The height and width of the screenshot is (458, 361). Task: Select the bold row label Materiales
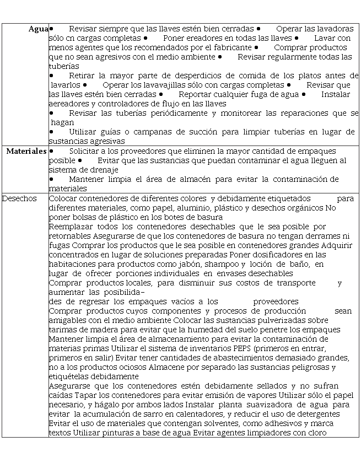(x=26, y=151)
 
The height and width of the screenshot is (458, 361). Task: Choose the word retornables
(x=70, y=236)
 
